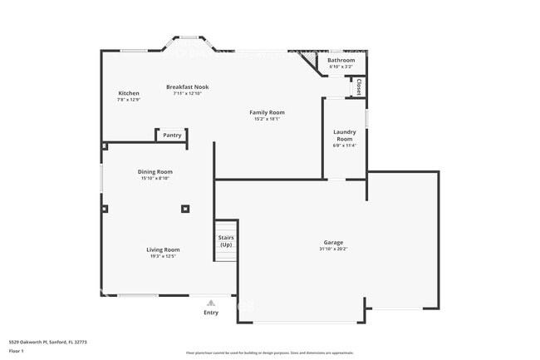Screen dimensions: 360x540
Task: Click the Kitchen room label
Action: (x=129, y=93)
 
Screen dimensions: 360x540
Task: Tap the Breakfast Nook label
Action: (x=187, y=86)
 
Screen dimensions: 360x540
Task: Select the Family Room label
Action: (x=267, y=112)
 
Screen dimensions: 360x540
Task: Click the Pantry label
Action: (x=172, y=135)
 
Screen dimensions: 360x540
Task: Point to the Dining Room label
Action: (x=155, y=171)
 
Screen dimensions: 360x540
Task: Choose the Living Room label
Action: (x=163, y=249)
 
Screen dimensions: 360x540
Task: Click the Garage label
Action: (x=333, y=243)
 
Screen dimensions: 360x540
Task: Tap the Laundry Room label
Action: (x=345, y=135)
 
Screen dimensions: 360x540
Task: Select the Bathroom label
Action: (x=341, y=60)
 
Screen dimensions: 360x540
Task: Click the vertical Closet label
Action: (x=358, y=86)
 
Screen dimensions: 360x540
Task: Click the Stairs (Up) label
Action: (x=226, y=241)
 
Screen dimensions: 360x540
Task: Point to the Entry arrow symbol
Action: (x=211, y=303)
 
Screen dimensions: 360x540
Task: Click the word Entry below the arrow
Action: (x=211, y=313)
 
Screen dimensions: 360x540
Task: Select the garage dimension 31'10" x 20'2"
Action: (x=333, y=249)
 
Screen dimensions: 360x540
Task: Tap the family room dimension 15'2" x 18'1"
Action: (x=267, y=119)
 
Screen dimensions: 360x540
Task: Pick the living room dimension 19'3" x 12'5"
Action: (x=163, y=256)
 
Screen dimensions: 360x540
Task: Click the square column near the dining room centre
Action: (x=185, y=209)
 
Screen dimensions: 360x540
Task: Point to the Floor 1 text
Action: (x=17, y=352)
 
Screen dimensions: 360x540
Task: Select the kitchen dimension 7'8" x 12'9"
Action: (x=129, y=100)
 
